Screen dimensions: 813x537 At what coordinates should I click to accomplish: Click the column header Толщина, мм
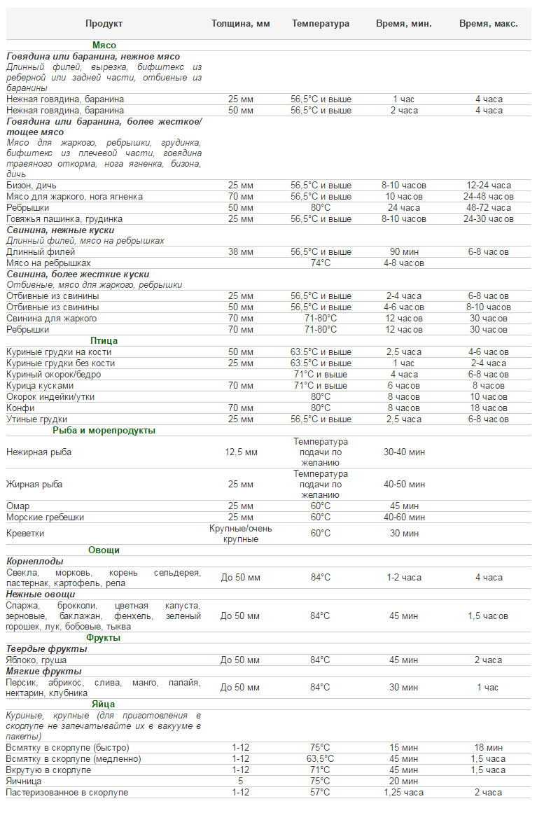pos(241,24)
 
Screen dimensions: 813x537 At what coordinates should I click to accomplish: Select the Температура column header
pos(321,24)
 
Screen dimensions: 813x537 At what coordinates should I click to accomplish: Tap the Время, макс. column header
pos(489,24)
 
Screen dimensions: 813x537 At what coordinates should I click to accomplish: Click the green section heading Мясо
pos(104,45)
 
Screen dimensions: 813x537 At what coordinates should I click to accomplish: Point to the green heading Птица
pos(104,341)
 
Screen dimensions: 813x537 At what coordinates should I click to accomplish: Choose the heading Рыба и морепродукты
pos(104,431)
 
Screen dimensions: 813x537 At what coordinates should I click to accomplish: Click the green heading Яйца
pos(104,704)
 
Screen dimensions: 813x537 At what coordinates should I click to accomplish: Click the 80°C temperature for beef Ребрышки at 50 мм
pos(321,208)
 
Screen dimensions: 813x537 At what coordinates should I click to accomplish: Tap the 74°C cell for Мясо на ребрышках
pos(321,263)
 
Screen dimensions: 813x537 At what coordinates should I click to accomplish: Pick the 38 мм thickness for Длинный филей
pos(241,252)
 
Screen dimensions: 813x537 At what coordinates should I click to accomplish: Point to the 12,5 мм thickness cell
pos(241,452)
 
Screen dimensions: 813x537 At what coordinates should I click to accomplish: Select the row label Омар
pos(18,506)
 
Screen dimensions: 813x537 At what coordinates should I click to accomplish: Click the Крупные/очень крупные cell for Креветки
pos(241,534)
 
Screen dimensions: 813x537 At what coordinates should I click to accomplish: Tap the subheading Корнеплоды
pos(35,562)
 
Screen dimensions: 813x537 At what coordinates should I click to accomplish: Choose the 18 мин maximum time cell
pos(489,748)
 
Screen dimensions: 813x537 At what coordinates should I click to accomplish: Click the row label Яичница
pos(24,781)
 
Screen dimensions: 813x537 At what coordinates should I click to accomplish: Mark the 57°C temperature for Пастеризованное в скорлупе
pos(321,793)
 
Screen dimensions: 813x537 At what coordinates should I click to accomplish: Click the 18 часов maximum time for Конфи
pos(489,408)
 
